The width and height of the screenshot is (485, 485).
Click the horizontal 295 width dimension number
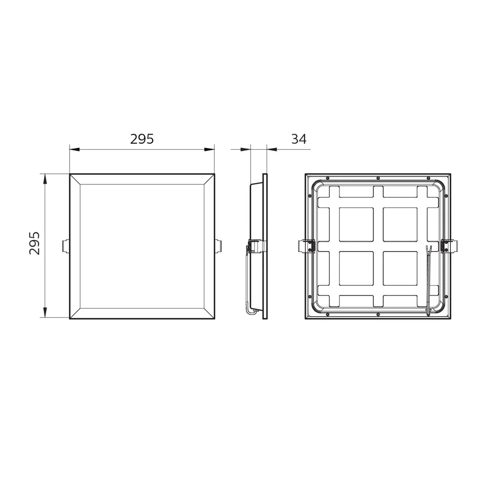click(x=142, y=139)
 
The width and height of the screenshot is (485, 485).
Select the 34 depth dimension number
click(x=298, y=139)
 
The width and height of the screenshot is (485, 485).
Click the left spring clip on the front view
click(x=66, y=245)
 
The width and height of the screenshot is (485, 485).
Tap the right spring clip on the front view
click(x=218, y=245)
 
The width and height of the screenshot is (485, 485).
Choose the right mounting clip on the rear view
click(x=449, y=245)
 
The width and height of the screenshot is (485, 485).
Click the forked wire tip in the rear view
click(x=428, y=249)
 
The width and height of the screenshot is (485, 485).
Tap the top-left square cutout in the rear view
click(x=356, y=224)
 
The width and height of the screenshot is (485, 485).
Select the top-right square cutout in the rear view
click(x=400, y=224)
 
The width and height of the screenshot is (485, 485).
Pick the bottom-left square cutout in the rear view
click(x=356, y=268)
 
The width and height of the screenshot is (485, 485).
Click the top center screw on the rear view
click(x=378, y=178)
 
